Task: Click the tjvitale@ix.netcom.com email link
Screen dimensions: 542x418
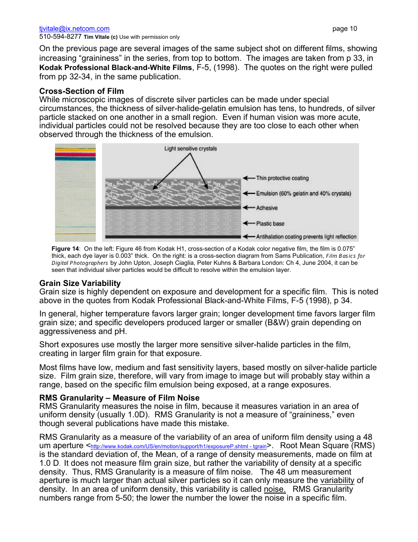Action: [x=74, y=29]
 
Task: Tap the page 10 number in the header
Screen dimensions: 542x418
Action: [x=345, y=29]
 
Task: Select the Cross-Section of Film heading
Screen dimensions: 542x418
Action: [x=81, y=91]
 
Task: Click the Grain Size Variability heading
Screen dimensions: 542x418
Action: [x=80, y=283]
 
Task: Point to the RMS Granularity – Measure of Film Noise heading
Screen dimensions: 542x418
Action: [x=119, y=398]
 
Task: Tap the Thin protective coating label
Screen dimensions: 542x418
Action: [x=282, y=178]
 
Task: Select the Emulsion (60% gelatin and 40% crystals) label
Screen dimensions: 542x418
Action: [x=304, y=193]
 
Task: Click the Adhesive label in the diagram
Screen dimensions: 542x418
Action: [x=267, y=208]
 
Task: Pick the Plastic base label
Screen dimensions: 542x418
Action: [x=270, y=223]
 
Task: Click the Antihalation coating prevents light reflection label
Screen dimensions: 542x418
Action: [x=306, y=237]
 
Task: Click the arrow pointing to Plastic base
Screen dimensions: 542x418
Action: [x=249, y=223]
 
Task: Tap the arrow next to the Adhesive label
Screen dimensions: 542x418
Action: [x=249, y=208]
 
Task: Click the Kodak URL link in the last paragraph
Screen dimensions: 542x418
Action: [x=178, y=446]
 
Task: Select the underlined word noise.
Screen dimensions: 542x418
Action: [x=275, y=489]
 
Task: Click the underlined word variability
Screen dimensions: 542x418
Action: [x=337, y=480]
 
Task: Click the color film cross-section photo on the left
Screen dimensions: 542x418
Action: [x=75, y=192]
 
